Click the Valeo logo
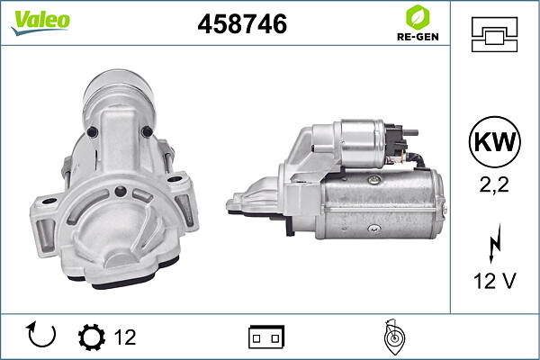coord(40,22)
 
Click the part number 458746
coord(242,23)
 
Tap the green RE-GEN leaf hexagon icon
coord(418,17)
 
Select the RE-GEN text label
coord(418,37)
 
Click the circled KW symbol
coord(494,141)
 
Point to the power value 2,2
coord(494,184)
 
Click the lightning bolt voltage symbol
coord(495,243)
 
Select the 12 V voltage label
coord(495,281)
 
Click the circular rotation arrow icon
coord(41,335)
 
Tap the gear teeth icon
coord(92,337)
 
